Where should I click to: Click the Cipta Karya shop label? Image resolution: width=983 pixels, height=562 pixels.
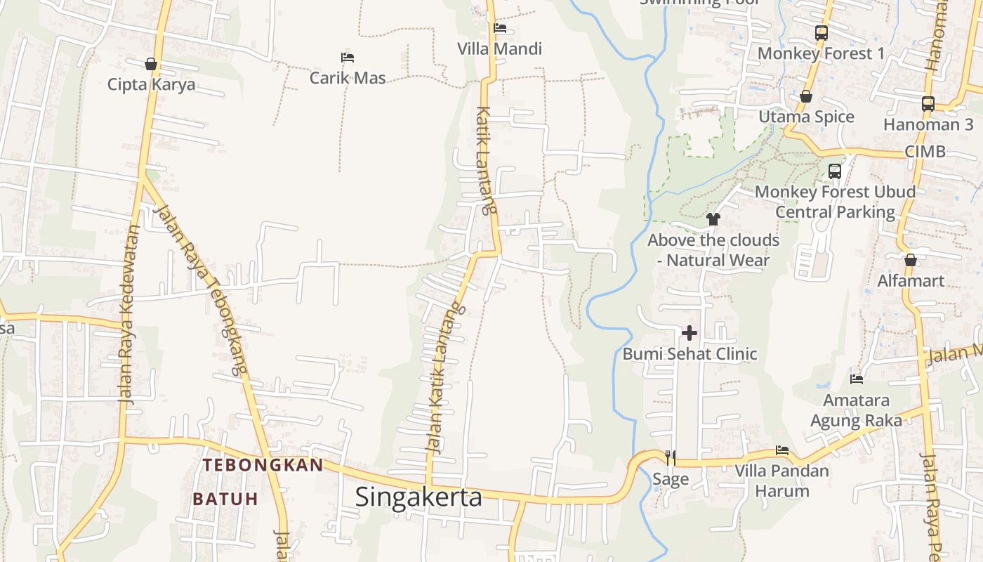click(x=151, y=85)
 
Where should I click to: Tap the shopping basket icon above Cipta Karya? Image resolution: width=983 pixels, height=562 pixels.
click(x=150, y=65)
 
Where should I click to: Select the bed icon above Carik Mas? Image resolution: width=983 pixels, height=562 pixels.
click(x=347, y=57)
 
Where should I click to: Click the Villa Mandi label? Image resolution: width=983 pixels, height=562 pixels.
click(x=499, y=49)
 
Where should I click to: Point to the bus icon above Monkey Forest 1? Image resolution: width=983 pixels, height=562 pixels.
click(x=821, y=32)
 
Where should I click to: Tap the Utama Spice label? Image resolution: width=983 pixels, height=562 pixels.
click(x=806, y=117)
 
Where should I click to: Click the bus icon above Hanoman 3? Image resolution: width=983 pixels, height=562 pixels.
click(x=928, y=104)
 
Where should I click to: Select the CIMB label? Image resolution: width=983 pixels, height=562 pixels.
click(x=925, y=152)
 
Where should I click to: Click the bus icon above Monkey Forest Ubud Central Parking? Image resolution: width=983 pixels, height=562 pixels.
click(x=834, y=171)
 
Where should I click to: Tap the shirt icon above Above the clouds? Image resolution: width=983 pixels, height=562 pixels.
click(x=713, y=219)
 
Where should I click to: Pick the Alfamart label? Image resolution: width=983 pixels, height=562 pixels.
click(x=911, y=281)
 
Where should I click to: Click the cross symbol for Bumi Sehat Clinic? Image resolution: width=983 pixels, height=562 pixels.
click(x=690, y=333)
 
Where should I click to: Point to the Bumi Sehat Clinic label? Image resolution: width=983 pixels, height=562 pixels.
click(x=690, y=353)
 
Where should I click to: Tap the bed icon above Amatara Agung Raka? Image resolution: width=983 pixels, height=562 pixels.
click(x=856, y=379)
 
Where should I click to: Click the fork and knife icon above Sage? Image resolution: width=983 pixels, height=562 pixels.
click(x=671, y=458)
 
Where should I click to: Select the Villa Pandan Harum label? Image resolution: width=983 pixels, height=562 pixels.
click(x=781, y=481)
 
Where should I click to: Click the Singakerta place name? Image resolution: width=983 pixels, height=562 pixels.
click(x=418, y=497)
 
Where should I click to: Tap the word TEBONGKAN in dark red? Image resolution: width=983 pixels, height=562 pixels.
click(x=263, y=465)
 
